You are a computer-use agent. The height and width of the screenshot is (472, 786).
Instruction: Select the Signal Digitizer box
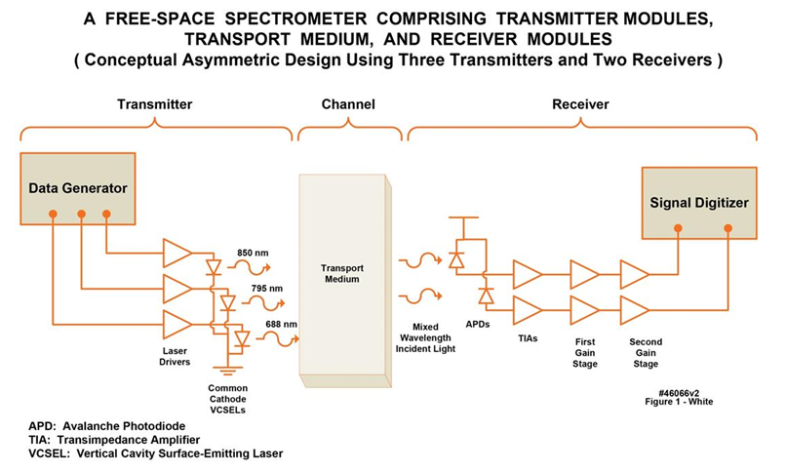coord(697,203)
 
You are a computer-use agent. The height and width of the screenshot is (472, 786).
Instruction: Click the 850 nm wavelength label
coord(253,253)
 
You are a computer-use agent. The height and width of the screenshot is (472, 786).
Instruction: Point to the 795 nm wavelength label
coord(253,288)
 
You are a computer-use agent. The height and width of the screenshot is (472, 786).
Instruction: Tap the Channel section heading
coord(348,104)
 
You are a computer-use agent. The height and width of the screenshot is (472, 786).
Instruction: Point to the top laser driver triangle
coord(177,253)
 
